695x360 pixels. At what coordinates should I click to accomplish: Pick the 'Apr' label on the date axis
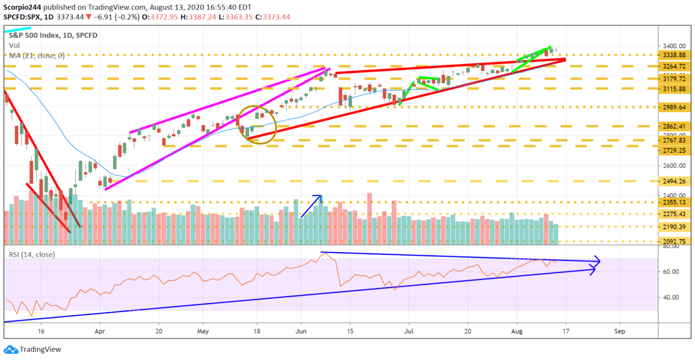(99, 332)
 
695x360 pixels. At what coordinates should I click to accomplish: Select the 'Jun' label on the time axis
(301, 332)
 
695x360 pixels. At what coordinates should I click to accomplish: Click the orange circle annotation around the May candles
(258, 124)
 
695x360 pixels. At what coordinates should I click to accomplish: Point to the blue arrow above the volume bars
(311, 206)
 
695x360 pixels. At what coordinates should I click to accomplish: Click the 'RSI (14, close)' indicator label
(32, 255)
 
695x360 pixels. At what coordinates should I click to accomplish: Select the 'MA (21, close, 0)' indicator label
(36, 55)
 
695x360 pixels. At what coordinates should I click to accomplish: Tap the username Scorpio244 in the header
(23, 7)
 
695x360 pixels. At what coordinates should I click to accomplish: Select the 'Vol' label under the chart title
(14, 46)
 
